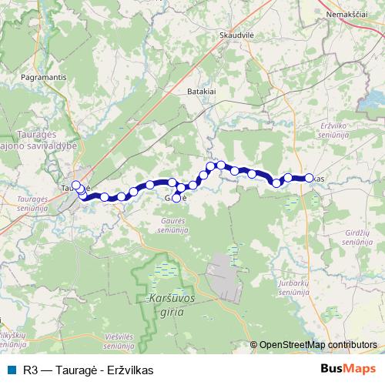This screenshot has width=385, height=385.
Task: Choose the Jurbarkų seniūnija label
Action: (x=293, y=288)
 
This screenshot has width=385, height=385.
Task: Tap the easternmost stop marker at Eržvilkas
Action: (x=309, y=178)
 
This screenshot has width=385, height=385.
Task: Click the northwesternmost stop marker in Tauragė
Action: (x=75, y=185)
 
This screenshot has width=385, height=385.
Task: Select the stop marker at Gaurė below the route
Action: (x=176, y=199)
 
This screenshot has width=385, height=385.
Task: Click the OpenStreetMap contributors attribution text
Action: (x=317, y=345)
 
